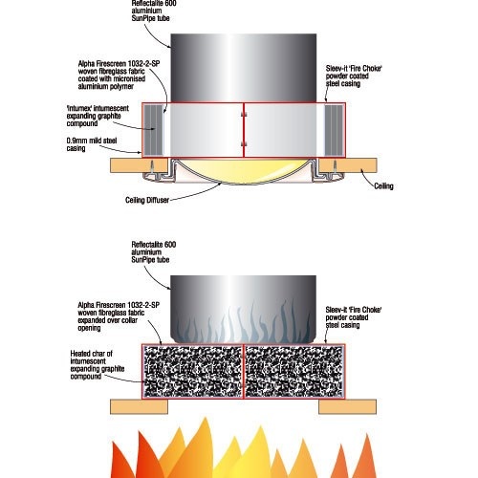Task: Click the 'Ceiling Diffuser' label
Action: (147, 200)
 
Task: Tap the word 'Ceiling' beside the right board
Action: (383, 186)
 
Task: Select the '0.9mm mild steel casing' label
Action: (92, 144)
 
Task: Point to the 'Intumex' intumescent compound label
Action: (98, 116)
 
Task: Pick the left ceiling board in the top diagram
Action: (139, 165)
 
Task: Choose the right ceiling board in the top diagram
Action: (348, 165)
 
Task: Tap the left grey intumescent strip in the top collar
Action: (154, 130)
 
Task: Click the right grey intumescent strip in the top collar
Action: (334, 130)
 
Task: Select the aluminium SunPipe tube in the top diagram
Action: (244, 68)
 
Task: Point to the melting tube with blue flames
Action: (243, 309)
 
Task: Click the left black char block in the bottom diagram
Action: (193, 371)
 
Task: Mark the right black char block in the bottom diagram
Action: (293, 371)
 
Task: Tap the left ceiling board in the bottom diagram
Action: (139, 406)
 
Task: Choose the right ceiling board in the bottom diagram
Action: (348, 406)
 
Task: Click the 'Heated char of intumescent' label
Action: (98, 365)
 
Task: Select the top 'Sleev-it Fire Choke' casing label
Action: (354, 76)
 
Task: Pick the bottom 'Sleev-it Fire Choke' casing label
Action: (354, 317)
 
